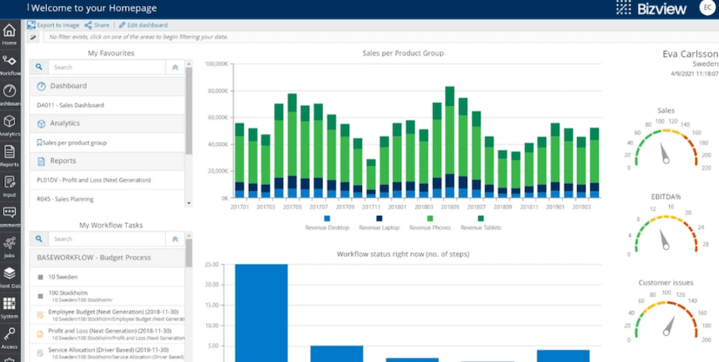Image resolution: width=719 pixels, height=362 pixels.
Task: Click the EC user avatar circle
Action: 707,8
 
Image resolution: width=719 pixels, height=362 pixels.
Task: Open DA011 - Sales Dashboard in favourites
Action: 71,105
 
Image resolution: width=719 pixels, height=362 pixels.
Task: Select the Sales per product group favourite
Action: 74,143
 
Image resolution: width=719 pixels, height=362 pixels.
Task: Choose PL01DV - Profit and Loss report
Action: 93,180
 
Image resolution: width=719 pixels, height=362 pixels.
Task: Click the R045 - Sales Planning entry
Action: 65,199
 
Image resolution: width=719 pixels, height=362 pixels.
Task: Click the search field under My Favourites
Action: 107,67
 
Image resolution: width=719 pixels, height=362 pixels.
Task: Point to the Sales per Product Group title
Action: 403,53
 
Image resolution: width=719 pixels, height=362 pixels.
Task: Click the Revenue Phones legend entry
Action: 430,227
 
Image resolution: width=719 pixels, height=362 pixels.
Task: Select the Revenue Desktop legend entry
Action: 327,227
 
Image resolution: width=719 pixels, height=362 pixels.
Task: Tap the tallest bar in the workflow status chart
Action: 261,312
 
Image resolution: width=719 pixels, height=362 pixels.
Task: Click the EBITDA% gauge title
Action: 665,197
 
